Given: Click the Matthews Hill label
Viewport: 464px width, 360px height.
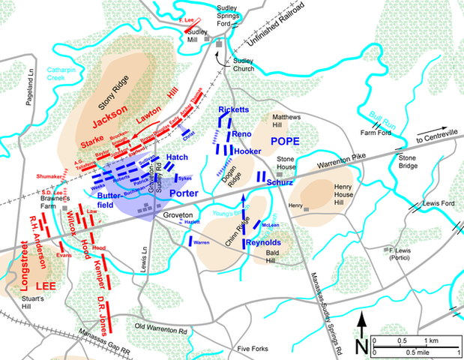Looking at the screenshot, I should pos(286,121).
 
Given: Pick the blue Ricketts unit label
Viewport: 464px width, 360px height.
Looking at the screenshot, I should pos(233,109).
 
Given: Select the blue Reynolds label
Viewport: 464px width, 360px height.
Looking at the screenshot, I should pos(263,242).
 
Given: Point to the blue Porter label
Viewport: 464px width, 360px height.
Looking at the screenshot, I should pos(183,193).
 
